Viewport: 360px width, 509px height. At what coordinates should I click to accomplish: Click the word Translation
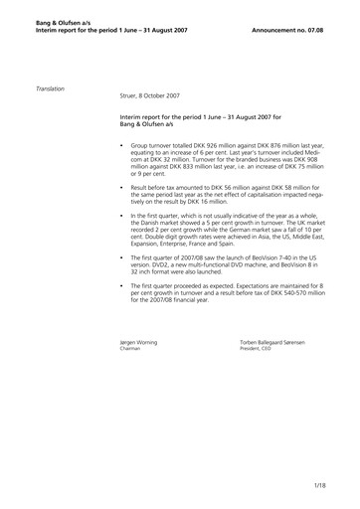tap(50, 88)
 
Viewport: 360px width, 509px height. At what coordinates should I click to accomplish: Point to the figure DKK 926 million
tap(220, 145)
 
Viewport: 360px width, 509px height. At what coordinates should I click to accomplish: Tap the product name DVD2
tap(177, 265)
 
